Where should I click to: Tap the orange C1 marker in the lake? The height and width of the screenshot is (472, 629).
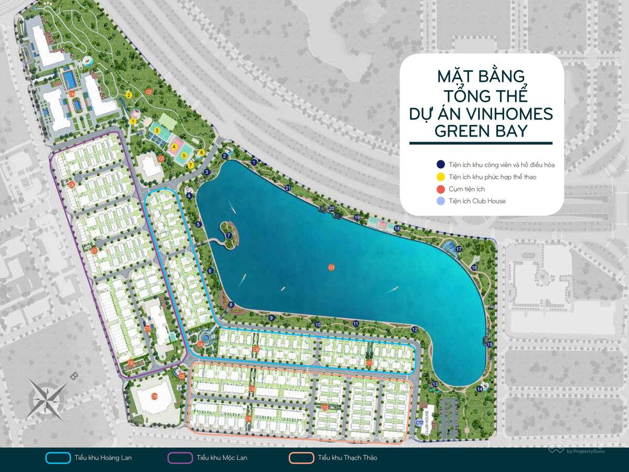click(x=331, y=267)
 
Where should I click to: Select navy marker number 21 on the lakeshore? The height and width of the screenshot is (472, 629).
click(x=287, y=188)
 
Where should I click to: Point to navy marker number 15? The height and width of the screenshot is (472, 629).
click(x=490, y=345)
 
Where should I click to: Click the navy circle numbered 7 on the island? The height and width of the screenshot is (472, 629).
click(x=229, y=235)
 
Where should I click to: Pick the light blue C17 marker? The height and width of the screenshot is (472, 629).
click(x=419, y=423)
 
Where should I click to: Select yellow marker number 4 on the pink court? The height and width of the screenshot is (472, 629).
click(x=173, y=146)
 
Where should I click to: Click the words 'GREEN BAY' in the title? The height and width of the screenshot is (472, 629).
click(x=481, y=131)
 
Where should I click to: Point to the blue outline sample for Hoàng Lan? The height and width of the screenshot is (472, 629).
click(x=58, y=458)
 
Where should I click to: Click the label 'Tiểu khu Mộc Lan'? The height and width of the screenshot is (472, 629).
click(x=222, y=458)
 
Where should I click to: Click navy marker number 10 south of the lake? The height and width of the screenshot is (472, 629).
click(x=318, y=325)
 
